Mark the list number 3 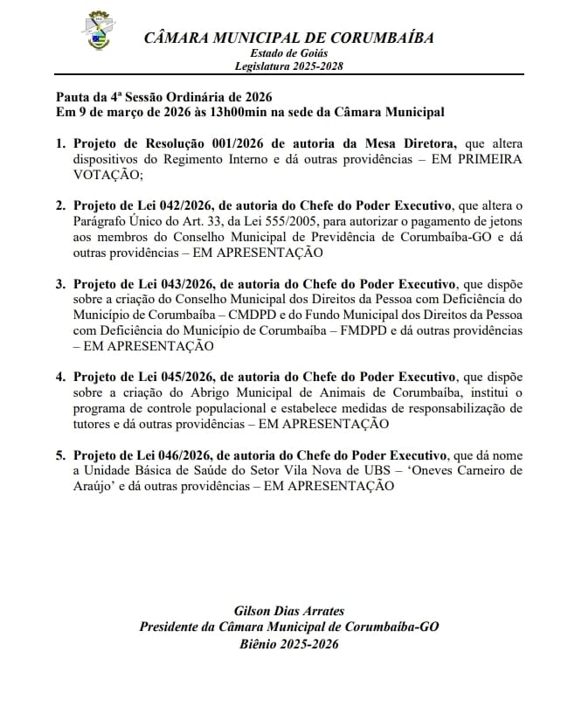[x=60, y=284]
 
